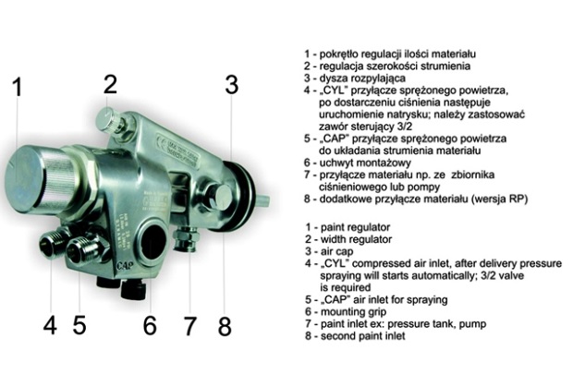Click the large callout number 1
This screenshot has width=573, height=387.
pyautogui.click(x=18, y=87)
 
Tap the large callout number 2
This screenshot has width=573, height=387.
pyautogui.click(x=110, y=84)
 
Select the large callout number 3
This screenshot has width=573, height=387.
pyautogui.click(x=232, y=84)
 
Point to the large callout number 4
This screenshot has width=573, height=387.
pyautogui.click(x=50, y=325)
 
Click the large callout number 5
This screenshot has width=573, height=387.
pyautogui.click(x=79, y=325)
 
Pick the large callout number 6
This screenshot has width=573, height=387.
pyautogui.click(x=150, y=325)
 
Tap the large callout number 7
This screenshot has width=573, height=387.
pyautogui.click(x=189, y=326)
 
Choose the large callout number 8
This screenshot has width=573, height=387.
pyautogui.click(x=225, y=326)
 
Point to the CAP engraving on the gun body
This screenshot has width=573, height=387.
pyautogui.click(x=125, y=265)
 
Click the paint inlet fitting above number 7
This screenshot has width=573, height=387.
pyautogui.click(x=185, y=238)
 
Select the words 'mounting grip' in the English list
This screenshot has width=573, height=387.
pyautogui.click(x=353, y=312)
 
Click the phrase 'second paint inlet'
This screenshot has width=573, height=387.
pyautogui.click(x=363, y=336)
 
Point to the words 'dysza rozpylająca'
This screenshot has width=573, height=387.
pyautogui.click(x=362, y=79)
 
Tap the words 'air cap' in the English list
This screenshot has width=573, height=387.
pyautogui.click(x=337, y=252)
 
